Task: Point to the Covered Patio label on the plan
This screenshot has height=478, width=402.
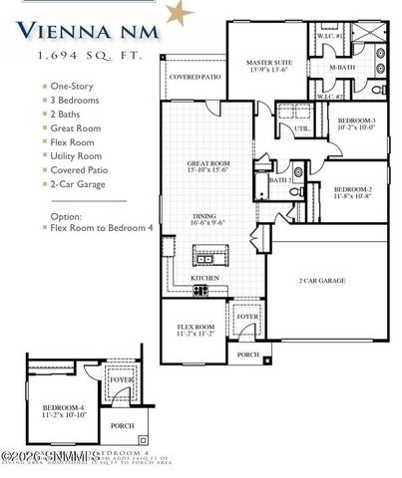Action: pyautogui.click(x=194, y=76)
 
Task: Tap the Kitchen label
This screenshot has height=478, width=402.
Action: pyautogui.click(x=205, y=278)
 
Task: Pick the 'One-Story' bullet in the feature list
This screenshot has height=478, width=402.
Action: pyautogui.click(x=73, y=87)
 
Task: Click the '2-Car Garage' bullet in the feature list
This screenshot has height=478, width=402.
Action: pyautogui.click(x=79, y=184)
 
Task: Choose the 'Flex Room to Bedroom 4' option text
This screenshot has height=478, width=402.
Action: pyautogui.click(x=99, y=227)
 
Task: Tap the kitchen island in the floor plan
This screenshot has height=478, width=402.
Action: pyautogui.click(x=226, y=255)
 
